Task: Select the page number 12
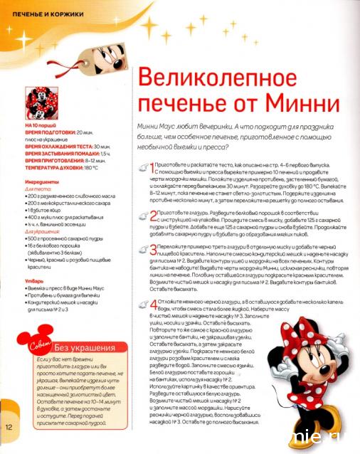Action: click(9, 427)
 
